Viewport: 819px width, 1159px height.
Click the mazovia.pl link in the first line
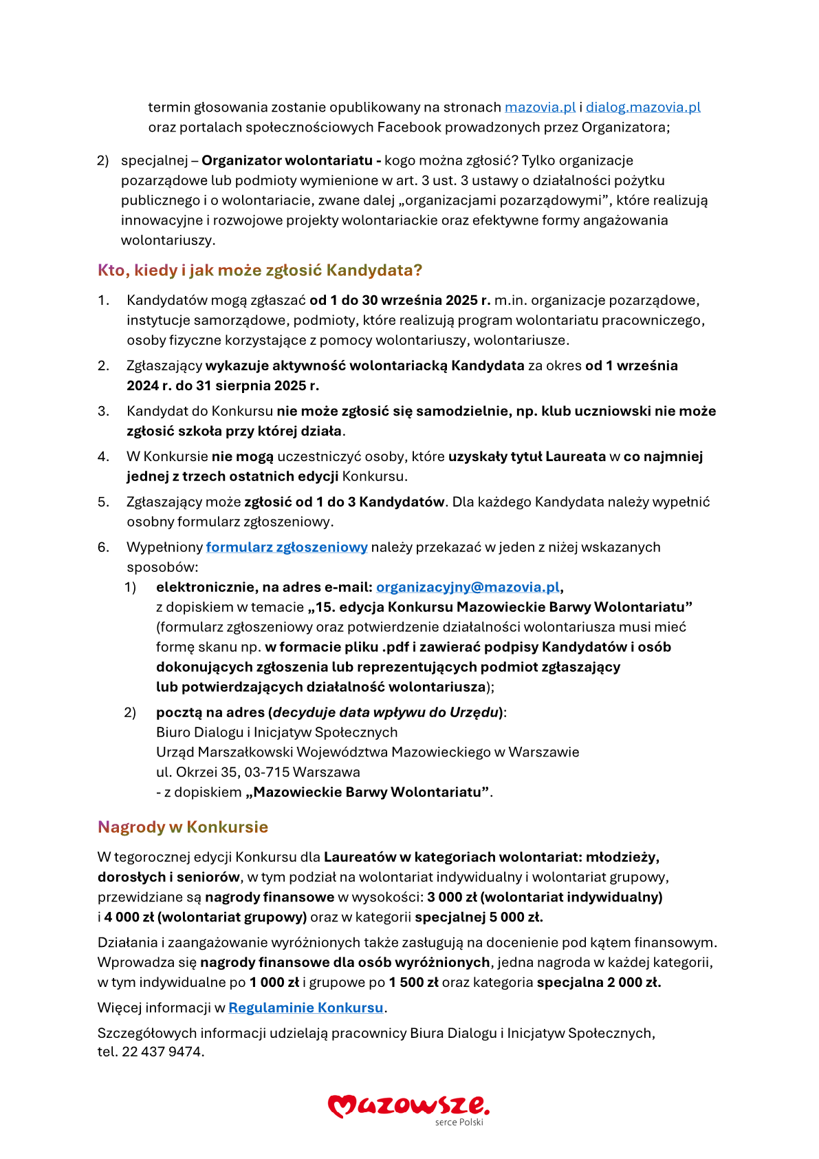click(540, 107)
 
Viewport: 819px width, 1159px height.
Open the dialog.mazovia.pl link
click(643, 107)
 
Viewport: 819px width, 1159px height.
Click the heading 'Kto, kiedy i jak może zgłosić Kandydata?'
click(260, 270)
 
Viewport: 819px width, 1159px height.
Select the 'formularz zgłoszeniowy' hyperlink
click(287, 547)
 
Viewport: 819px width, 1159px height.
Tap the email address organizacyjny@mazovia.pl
click(468, 587)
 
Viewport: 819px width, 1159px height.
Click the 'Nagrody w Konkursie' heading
click(183, 827)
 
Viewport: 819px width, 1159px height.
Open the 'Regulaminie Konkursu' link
click(306, 1008)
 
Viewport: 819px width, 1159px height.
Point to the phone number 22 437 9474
click(162, 1052)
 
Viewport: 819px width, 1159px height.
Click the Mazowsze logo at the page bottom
click(408, 1105)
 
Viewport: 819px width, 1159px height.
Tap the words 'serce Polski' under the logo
click(459, 1123)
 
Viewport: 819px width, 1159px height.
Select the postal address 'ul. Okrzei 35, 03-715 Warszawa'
click(258, 772)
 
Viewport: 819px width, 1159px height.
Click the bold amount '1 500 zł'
click(413, 982)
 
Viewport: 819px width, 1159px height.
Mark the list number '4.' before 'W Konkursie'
click(103, 456)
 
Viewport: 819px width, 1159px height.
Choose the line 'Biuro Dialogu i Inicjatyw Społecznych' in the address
click(276, 732)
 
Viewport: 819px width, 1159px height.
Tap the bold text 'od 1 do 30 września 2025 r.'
click(400, 300)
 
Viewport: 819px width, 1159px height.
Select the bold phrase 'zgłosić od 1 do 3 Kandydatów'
click(344, 502)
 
